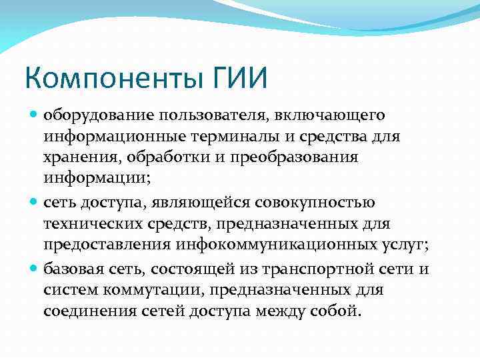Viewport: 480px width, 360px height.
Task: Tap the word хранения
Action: tap(75, 159)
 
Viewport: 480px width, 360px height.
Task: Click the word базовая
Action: tap(71, 268)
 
